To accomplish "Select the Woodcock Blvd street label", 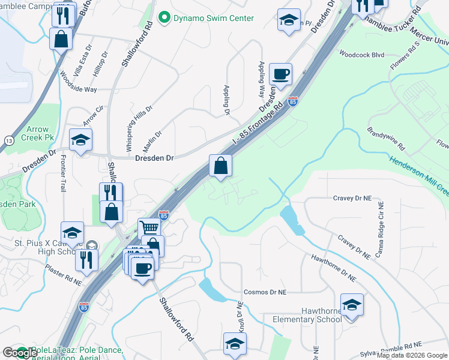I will tap(361, 54).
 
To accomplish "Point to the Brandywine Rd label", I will tap(387, 139).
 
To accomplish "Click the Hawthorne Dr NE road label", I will tap(333, 268).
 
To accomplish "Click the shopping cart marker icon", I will tap(149, 227).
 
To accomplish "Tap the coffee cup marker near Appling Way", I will tap(281, 74).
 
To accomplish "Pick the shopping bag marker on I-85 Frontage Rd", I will tap(220, 165).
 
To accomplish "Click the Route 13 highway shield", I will tap(8, 140).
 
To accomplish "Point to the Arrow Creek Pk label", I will tap(37, 134).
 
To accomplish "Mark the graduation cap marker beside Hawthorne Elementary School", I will tap(352, 304).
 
